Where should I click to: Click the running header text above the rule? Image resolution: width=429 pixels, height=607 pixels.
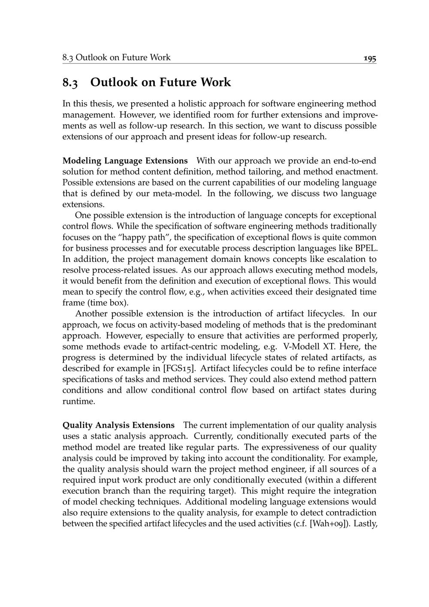click(x=116, y=58)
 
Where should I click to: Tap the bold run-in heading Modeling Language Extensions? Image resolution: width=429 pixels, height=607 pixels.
click(x=125, y=161)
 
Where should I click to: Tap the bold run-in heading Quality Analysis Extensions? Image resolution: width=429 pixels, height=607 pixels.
click(x=118, y=425)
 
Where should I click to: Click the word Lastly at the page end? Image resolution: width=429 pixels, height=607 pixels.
click(x=366, y=524)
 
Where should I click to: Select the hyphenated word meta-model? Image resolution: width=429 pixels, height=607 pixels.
click(x=181, y=194)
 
